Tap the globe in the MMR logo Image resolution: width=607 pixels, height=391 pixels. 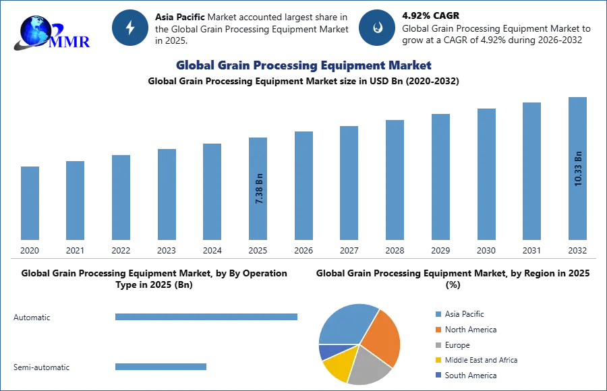click(x=35, y=30)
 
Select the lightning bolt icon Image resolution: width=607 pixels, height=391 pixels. click(x=129, y=28)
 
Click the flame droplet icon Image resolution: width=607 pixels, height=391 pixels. click(x=377, y=28)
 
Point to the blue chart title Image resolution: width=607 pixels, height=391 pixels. click(x=302, y=65)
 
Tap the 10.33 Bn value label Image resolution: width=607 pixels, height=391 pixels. click(x=578, y=169)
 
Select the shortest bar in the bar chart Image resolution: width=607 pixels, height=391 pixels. click(x=30, y=202)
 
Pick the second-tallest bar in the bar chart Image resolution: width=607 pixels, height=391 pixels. click(x=531, y=172)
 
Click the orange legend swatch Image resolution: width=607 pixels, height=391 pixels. click(x=437, y=330)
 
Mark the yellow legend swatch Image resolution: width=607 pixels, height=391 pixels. click(x=437, y=361)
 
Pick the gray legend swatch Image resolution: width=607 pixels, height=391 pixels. click(x=437, y=345)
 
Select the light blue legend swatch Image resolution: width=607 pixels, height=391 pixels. click(x=437, y=313)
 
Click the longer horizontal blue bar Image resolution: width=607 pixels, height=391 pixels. click(x=207, y=318)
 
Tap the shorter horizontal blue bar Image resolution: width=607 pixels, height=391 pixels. click(x=161, y=367)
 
